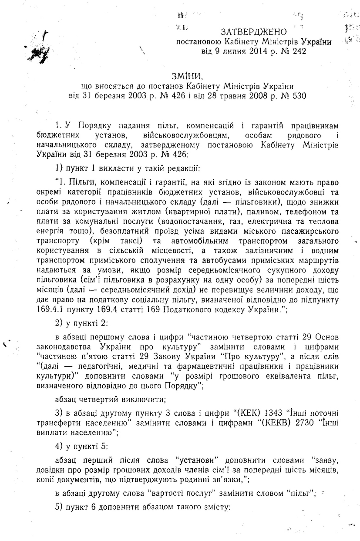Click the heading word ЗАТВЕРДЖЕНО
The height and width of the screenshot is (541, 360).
[x=254, y=32]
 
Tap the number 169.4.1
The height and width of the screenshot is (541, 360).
[x=52, y=309]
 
